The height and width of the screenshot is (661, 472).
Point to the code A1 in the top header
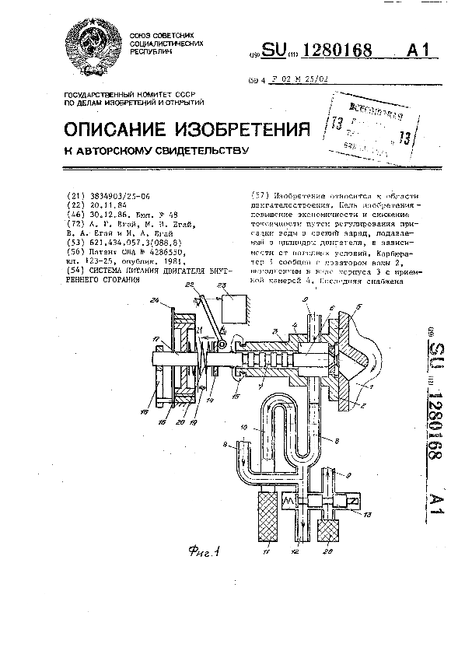coord(418,51)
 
